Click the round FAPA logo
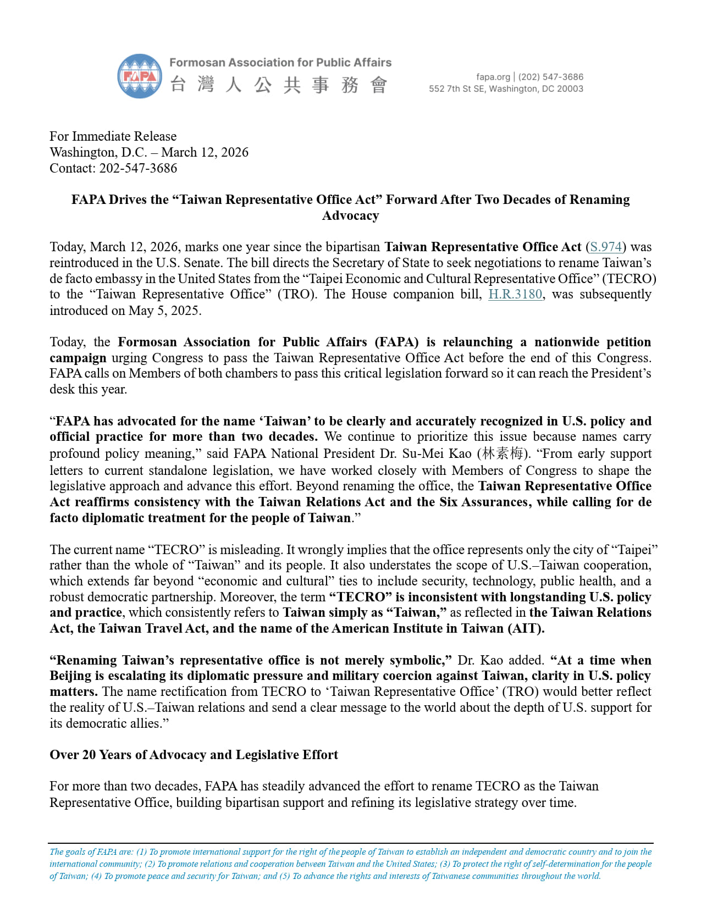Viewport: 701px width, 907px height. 140,76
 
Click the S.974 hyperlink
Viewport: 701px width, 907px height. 606,247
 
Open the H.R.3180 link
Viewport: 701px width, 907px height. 515,294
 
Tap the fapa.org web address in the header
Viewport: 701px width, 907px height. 493,77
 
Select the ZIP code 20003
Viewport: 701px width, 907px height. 570,89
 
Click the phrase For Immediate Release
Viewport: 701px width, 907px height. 113,136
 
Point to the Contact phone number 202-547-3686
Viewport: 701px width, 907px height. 138,168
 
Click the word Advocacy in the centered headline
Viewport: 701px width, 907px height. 350,215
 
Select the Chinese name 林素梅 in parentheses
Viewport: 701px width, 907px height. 502,453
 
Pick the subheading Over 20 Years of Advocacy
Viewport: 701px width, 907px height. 194,755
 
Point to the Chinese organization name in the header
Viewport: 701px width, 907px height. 279,85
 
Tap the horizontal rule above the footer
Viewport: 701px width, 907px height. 350,843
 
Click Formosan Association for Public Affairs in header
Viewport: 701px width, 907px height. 280,63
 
